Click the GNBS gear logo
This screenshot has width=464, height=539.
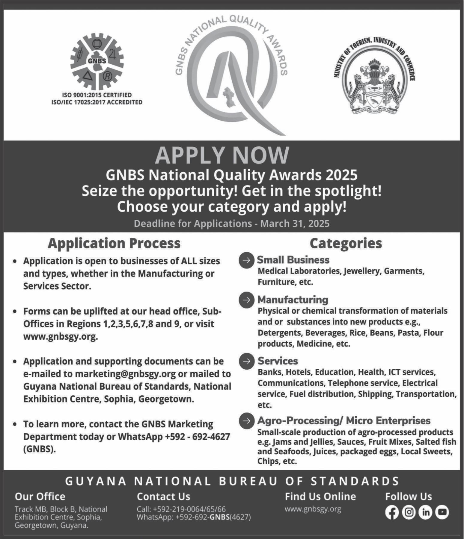pos(97,62)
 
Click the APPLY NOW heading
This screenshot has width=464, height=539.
pos(222,155)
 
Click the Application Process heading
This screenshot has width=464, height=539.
pos(114,243)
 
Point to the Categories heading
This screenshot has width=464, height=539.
pos(346,243)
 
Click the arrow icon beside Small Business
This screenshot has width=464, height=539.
pos(246,260)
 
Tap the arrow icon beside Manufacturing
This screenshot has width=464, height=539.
pos(246,300)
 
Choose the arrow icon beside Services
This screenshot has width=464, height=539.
pos(246,361)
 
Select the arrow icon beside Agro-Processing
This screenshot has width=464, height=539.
pos(246,421)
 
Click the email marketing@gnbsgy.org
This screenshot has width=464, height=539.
pos(125,374)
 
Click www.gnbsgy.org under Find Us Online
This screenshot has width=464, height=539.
pos(313,509)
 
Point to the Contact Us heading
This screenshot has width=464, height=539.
pos(163,497)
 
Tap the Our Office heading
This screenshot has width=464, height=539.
pos(40,497)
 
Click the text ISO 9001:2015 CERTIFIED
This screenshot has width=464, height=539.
pos(97,95)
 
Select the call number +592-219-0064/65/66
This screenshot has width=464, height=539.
pos(189,509)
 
